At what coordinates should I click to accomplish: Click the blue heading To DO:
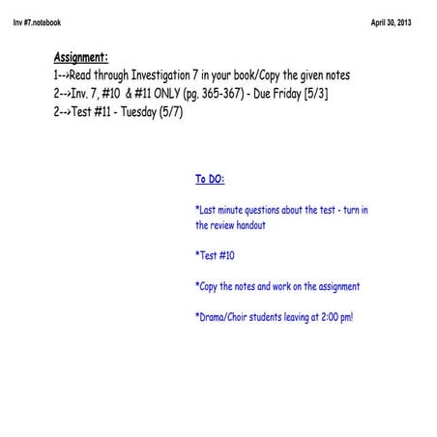coord(211,179)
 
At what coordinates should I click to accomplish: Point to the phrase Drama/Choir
coord(228,316)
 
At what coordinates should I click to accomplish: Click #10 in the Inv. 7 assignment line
coord(107,94)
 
